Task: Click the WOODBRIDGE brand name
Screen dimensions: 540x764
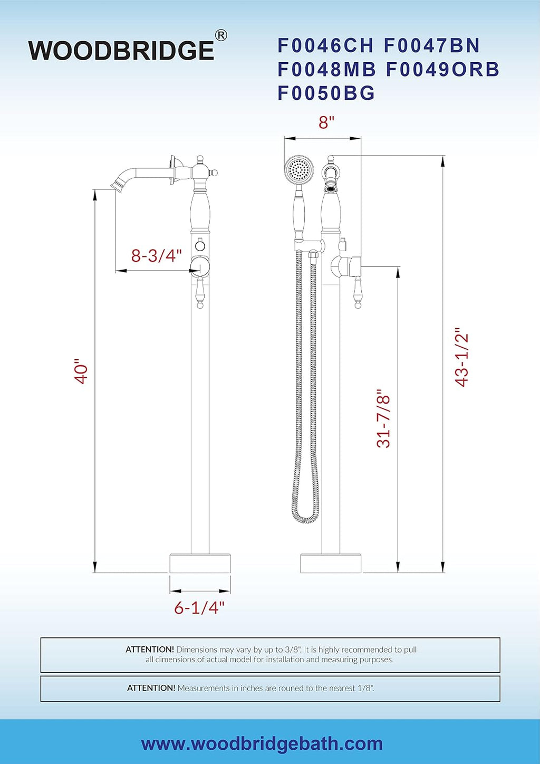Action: [x=121, y=51]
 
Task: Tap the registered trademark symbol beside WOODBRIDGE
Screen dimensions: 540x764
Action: [x=221, y=35]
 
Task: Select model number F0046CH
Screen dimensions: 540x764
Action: [x=325, y=45]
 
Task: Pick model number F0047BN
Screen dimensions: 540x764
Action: [x=431, y=45]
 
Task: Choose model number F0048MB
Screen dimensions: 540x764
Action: [x=326, y=69]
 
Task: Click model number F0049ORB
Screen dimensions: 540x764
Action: [x=442, y=69]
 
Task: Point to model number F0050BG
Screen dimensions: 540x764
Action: [x=326, y=93]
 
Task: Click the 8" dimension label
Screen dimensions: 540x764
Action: [x=326, y=122]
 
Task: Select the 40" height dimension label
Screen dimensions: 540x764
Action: [x=82, y=371]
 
